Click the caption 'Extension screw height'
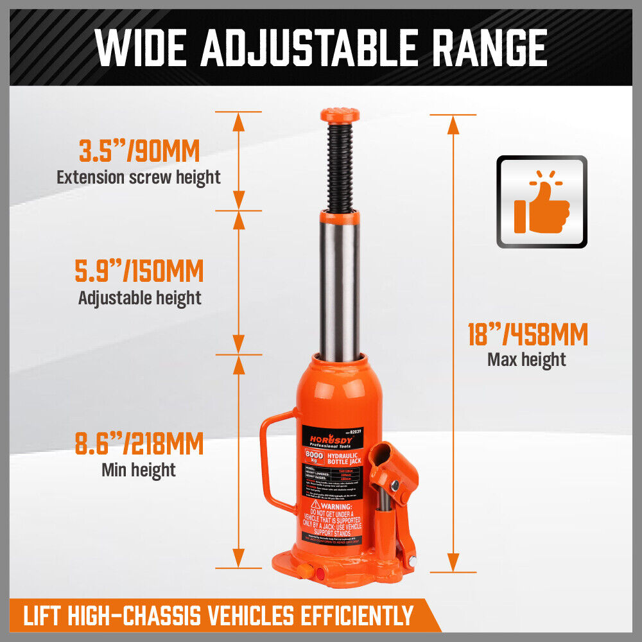click(139, 177)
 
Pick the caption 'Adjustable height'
click(139, 298)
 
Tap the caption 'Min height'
click(139, 469)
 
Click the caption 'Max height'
click(526, 360)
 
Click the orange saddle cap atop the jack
click(340, 116)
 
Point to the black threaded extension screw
click(340, 167)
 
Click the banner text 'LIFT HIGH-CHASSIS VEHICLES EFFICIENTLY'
click(218, 616)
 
